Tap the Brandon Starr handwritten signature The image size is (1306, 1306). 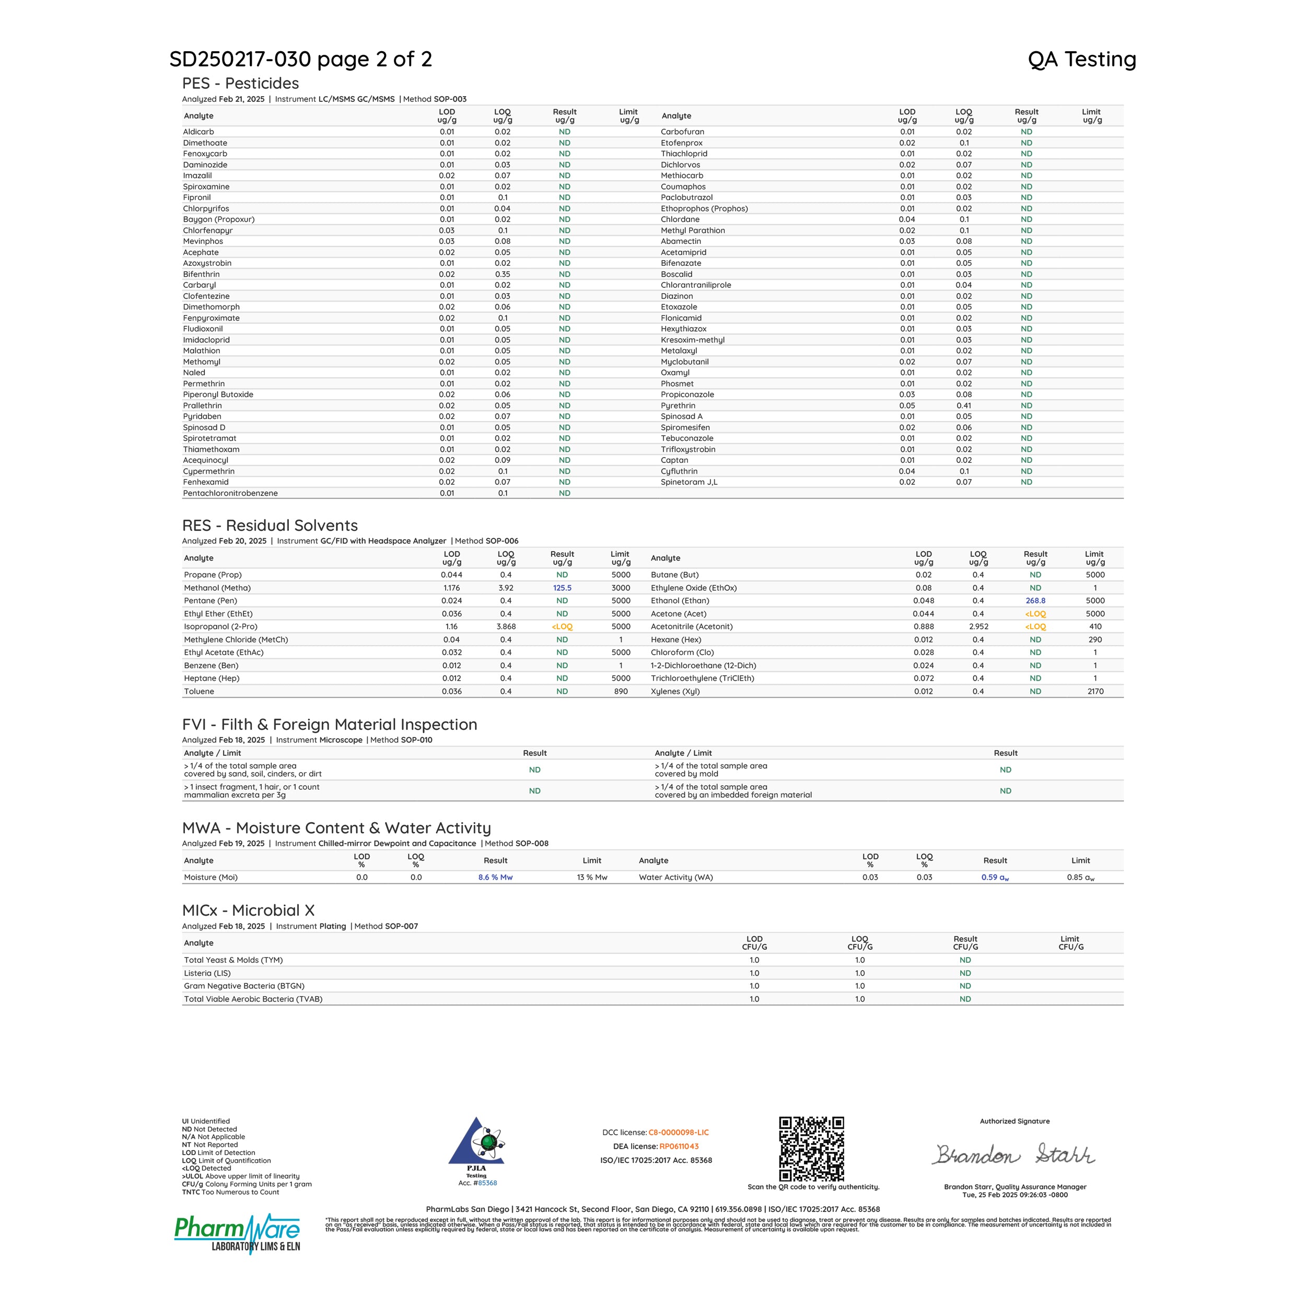[1014, 1155]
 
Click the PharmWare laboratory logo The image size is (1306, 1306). [237, 1234]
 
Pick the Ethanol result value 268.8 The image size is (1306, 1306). [1035, 601]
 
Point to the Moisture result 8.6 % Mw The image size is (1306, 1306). [495, 878]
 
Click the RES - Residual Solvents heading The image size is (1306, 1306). [270, 525]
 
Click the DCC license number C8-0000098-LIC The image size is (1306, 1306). [678, 1132]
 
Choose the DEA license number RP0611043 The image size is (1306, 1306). [679, 1147]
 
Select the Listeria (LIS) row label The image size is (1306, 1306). [207, 973]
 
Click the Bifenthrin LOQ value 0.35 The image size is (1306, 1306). [502, 274]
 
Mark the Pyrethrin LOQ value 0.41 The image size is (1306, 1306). [964, 405]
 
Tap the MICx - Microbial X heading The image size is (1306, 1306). [248, 911]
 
